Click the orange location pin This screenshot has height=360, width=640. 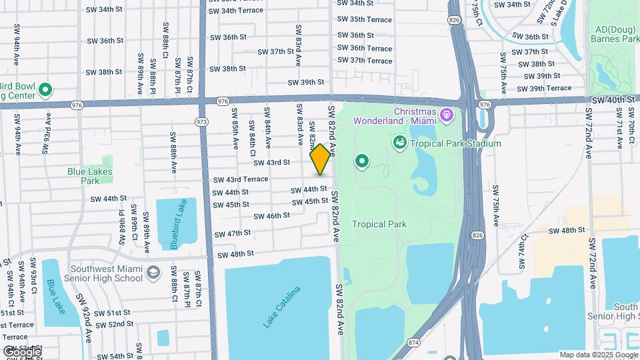[x=320, y=160]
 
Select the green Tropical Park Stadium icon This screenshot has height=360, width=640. [x=400, y=143]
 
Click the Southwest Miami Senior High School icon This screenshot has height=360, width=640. [x=154, y=272]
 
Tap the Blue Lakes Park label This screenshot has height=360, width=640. [x=90, y=175]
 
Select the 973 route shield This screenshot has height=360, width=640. [x=201, y=122]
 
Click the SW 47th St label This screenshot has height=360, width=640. [x=233, y=233]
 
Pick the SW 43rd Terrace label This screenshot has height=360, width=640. [x=241, y=179]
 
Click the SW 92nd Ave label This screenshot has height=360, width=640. [x=84, y=317]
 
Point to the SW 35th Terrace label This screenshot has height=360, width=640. [x=365, y=20]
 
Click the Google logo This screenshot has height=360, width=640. [x=21, y=352]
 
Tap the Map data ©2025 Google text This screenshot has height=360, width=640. [x=598, y=355]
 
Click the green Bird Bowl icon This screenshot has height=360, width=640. [x=45, y=89]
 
